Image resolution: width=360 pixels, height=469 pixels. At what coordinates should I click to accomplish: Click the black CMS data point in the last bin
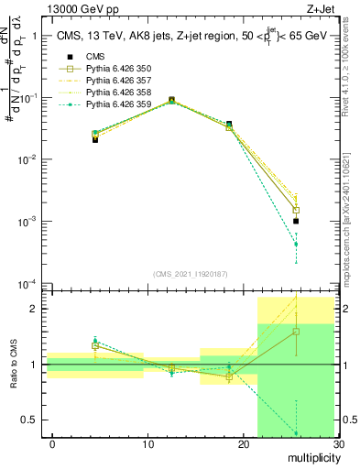pos(296,221)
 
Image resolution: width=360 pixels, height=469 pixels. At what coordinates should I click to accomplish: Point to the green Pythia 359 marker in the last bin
pos(296,245)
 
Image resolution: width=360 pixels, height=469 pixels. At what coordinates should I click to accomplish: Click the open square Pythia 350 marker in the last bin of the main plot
pos(296,210)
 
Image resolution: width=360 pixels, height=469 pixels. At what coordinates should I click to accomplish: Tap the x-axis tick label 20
pos(243,444)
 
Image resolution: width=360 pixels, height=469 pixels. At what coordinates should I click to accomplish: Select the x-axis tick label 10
pos(147,444)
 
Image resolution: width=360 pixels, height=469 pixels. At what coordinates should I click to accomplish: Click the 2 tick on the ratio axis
pos(37,309)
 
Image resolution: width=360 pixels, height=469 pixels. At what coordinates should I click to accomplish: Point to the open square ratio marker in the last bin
pos(296,332)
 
